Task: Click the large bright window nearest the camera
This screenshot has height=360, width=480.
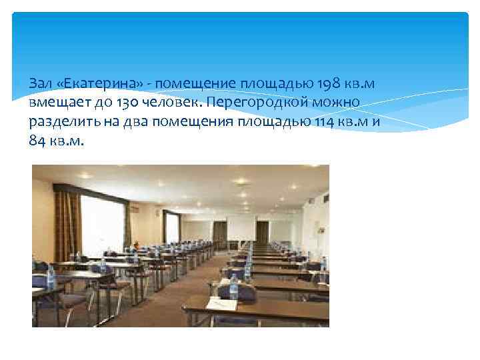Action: (x=101, y=225)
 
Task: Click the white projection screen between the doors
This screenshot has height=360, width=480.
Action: (x=241, y=228)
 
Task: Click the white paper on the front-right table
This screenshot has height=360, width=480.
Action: (x=222, y=303)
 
